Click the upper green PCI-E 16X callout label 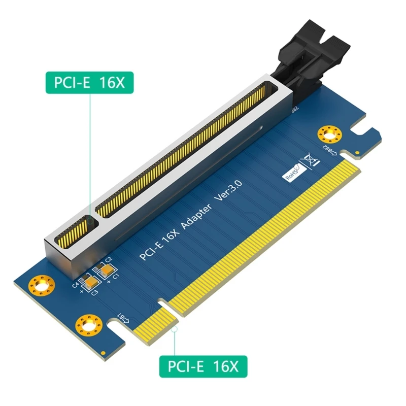tap(85, 82)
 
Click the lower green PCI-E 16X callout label tap(204, 366)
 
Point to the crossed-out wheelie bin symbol tap(310, 160)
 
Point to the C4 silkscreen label tap(76, 285)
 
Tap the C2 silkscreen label tap(108, 259)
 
